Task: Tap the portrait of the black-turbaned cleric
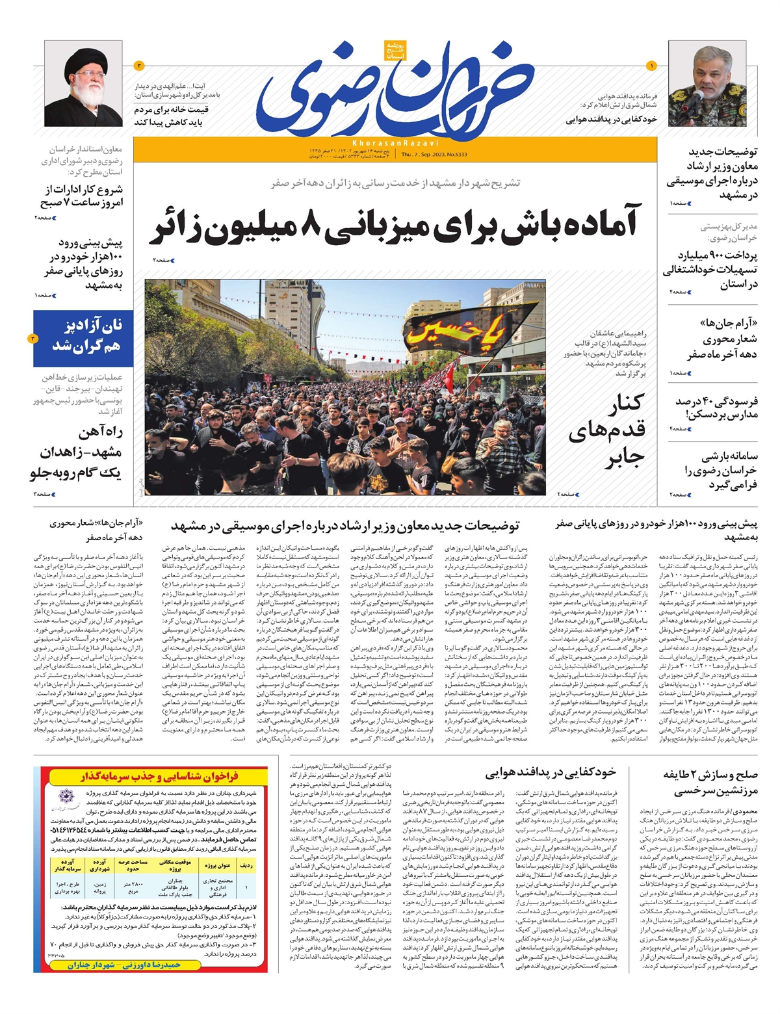point(92,87)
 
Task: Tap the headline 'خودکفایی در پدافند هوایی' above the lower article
point(550,772)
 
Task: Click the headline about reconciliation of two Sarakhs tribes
point(709,783)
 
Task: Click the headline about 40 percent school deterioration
point(716,408)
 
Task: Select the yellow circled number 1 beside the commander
point(652,65)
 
